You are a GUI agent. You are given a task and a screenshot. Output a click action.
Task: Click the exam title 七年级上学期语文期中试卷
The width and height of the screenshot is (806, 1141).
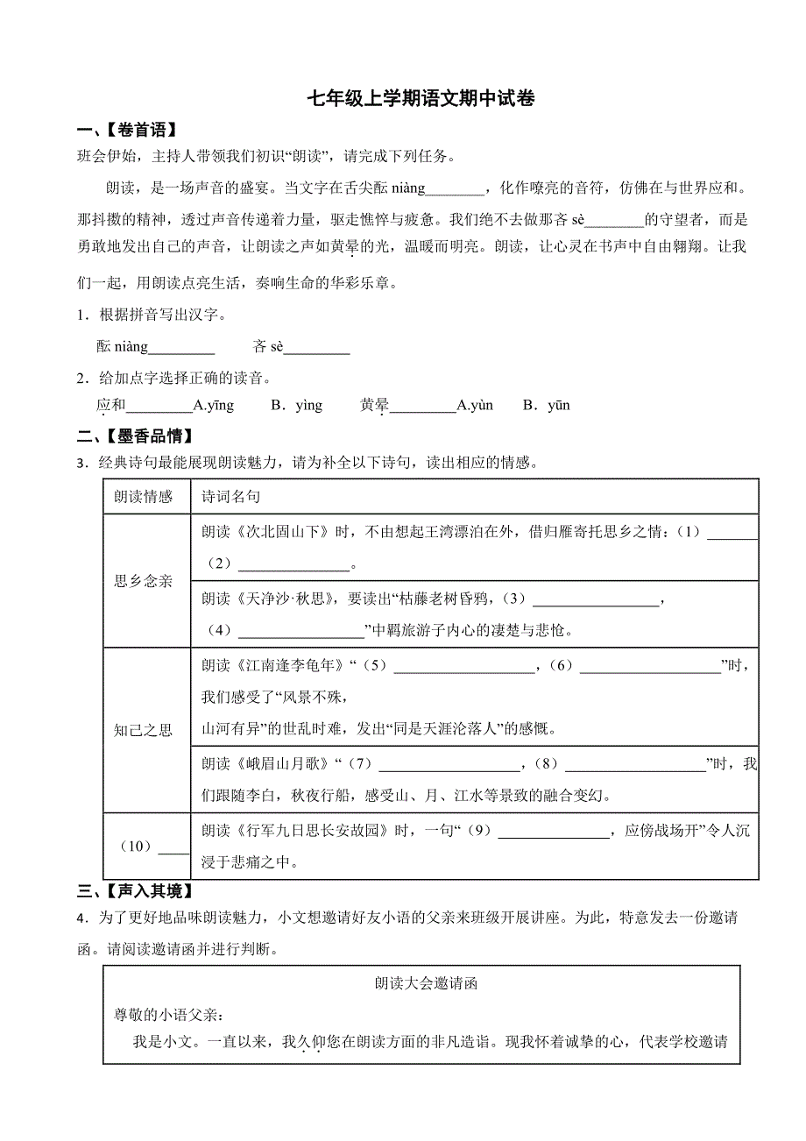click(x=421, y=98)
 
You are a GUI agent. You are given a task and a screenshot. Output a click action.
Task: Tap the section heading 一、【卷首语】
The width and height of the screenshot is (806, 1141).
click(x=127, y=131)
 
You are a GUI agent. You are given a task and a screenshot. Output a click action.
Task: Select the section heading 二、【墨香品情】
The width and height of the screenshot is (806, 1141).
click(x=135, y=436)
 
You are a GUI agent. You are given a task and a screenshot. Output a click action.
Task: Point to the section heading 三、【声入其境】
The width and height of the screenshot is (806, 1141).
click(x=135, y=891)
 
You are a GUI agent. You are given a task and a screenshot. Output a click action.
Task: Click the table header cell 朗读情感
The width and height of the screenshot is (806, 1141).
click(x=144, y=496)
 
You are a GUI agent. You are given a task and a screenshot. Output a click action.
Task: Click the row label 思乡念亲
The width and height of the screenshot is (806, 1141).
click(x=144, y=580)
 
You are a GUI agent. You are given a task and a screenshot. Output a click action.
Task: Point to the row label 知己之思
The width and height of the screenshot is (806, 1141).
click(x=144, y=730)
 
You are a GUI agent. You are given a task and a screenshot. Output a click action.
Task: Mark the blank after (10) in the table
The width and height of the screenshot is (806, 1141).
click(x=173, y=847)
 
